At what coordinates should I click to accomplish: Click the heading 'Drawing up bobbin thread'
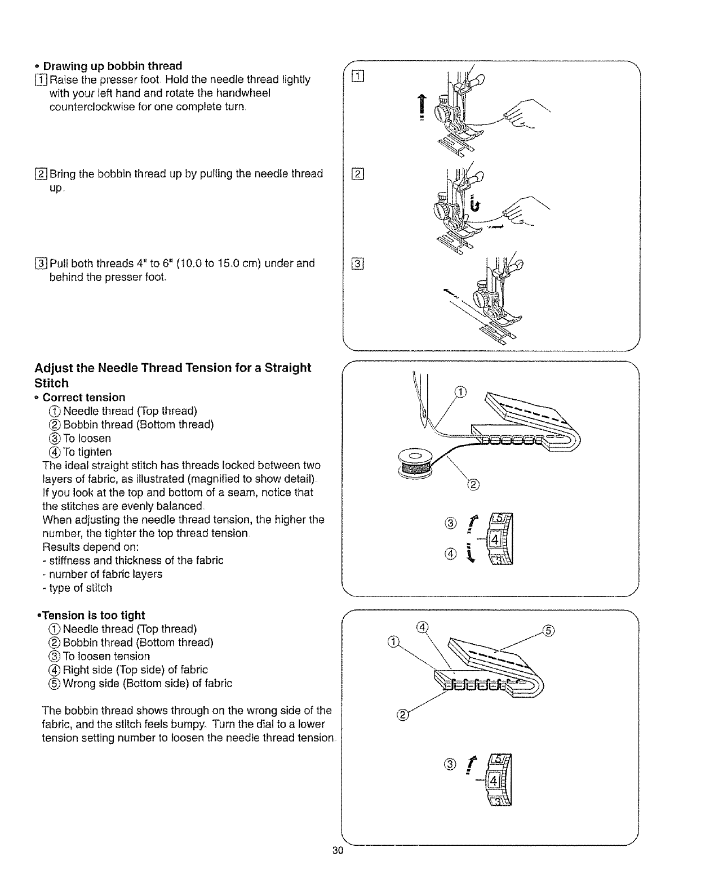click(113, 66)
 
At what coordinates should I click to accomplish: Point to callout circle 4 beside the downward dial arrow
click(450, 555)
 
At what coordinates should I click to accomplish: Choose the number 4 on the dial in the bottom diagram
click(494, 781)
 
